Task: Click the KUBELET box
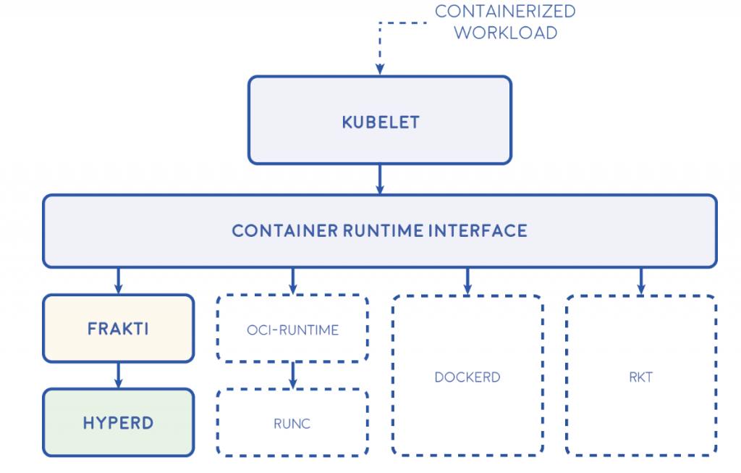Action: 380,120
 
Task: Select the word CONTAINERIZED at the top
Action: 505,12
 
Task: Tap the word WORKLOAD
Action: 506,33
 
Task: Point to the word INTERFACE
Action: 478,231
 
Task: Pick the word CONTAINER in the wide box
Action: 284,231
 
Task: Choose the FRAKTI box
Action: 118,328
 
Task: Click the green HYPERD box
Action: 118,422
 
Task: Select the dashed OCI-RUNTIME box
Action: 292,328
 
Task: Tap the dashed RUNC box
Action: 292,422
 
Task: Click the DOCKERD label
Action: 467,377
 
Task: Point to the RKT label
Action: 641,377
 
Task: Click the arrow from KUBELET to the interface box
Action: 380,179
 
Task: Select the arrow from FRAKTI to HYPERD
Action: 118,375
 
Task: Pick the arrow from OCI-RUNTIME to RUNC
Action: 293,375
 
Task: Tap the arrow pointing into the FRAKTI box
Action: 118,281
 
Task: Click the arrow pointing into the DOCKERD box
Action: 467,282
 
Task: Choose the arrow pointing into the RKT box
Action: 641,282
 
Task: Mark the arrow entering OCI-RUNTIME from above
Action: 293,281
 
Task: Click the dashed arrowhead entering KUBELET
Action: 380,69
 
